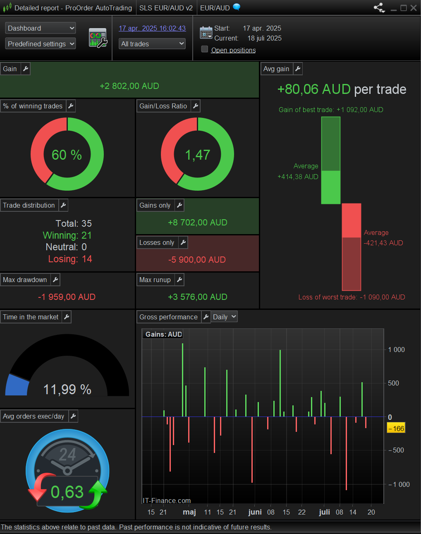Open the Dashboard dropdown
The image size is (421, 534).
pos(40,28)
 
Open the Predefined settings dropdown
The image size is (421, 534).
pos(40,44)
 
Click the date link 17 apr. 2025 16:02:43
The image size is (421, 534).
pos(152,28)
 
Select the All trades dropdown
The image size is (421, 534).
pos(152,44)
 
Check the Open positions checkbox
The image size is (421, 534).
pos(205,49)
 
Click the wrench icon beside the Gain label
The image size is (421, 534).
pos(26,69)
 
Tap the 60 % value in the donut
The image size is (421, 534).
pos(67,155)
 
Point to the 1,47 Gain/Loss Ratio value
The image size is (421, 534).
pos(197,155)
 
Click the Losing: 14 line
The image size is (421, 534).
pos(70,259)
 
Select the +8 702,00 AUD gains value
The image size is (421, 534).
pos(197,223)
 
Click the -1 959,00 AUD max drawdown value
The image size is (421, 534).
pos(67,297)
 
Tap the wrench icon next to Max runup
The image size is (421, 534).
pos(179,280)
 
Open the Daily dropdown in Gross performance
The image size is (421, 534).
pos(225,317)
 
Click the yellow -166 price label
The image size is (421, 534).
pos(396,429)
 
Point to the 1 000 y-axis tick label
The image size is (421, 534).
pos(396,350)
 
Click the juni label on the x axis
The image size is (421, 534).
pos(255,512)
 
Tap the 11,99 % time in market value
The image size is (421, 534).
pos(67,389)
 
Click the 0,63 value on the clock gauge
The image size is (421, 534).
pos(67,492)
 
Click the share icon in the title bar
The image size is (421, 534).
pos(379,8)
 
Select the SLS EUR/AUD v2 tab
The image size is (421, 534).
pos(166,8)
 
